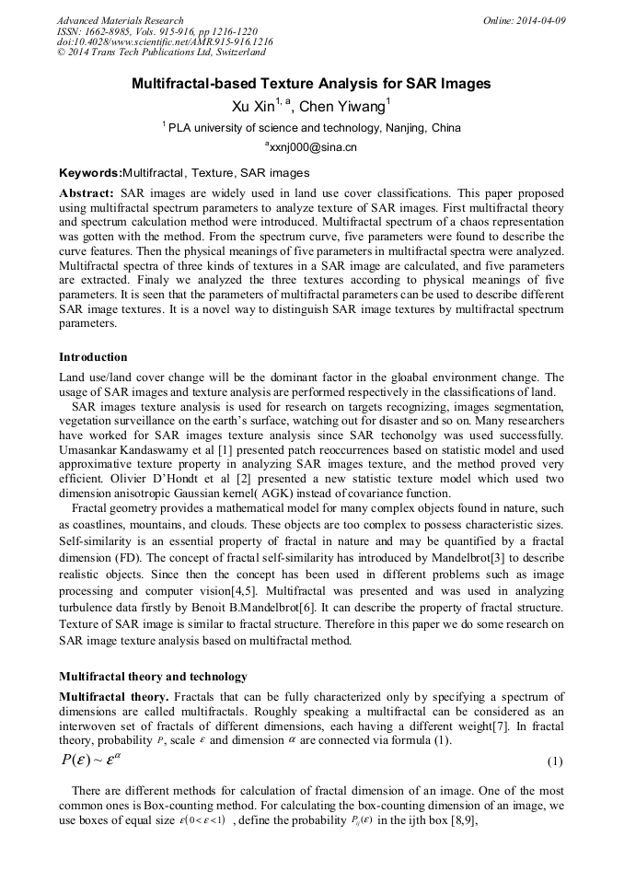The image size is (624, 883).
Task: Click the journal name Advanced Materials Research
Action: [x=120, y=20]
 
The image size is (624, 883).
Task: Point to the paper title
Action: [x=311, y=84]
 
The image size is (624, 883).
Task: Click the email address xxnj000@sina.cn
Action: [x=313, y=146]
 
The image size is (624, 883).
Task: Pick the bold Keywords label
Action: [x=90, y=172]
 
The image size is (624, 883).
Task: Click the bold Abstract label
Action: [x=87, y=194]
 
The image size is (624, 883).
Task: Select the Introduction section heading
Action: [x=93, y=356]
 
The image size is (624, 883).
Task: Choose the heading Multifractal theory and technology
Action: [x=153, y=676]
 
